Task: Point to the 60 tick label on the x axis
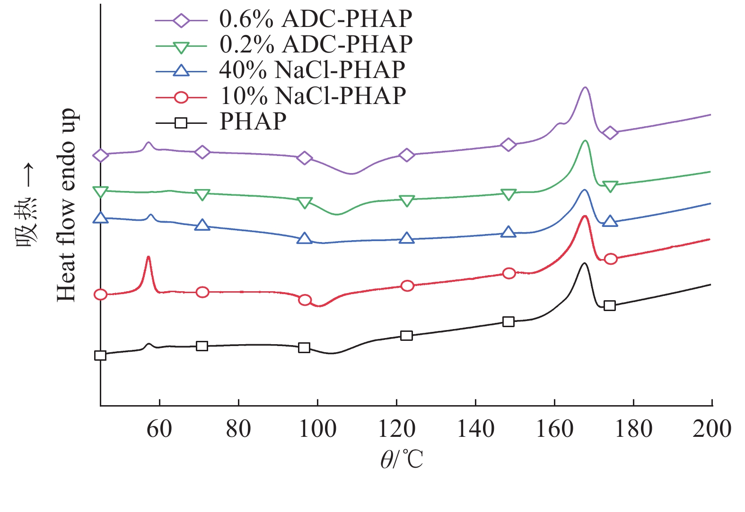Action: [x=159, y=429]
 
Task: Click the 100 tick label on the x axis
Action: [x=317, y=429]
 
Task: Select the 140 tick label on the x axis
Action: [x=475, y=429]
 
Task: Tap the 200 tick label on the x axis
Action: [x=711, y=429]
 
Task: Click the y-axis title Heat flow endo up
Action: [x=66, y=205]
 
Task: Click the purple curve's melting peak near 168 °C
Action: [x=585, y=88]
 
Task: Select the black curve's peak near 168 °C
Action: [x=585, y=264]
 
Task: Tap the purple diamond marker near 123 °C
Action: [x=406, y=155]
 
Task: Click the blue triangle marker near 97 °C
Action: [x=304, y=238]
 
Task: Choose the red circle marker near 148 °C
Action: [x=508, y=273]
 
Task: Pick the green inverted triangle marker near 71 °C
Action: [x=202, y=195]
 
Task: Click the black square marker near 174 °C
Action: [x=610, y=305]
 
